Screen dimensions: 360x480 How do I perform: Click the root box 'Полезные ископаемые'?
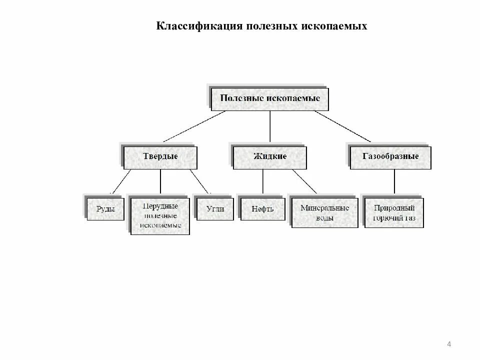pyautogui.click(x=270, y=98)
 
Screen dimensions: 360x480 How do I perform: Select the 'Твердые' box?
pyautogui.click(x=160, y=157)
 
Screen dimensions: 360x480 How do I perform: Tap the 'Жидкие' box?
pyautogui.click(x=270, y=157)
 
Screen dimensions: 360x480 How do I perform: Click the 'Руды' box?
pyautogui.click(x=105, y=209)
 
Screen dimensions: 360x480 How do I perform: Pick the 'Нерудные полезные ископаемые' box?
pyautogui.click(x=160, y=215)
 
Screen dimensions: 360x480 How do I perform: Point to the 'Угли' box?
pyautogui.click(x=215, y=209)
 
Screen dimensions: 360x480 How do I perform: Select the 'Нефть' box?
pyautogui.click(x=263, y=209)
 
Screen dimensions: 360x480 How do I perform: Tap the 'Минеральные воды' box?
pyautogui.click(x=325, y=213)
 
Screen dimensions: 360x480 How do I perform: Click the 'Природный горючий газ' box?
pyautogui.click(x=394, y=213)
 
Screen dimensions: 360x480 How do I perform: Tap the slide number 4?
pyautogui.click(x=449, y=343)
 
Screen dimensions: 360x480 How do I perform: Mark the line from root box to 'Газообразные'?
pyautogui.click(x=342, y=126)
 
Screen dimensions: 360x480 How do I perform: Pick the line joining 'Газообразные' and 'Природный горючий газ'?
pyautogui.click(x=394, y=181)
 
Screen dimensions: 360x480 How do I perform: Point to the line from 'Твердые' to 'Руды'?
pyautogui.click(x=121, y=181)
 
